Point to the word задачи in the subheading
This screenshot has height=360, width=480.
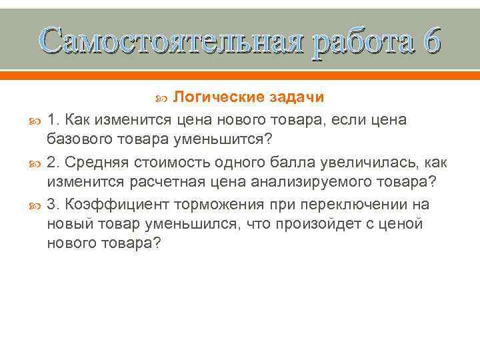tap(297, 98)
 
